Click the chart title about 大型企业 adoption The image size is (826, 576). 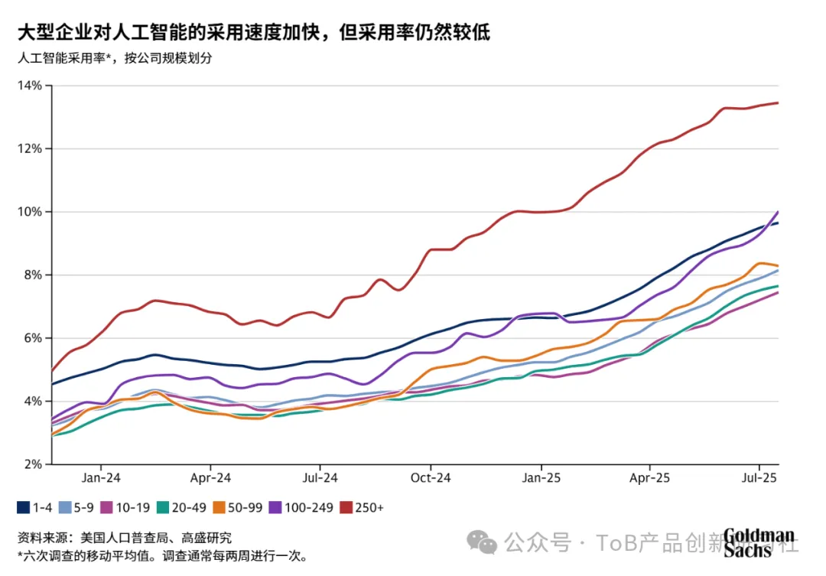253,32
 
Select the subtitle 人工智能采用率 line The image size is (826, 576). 114,58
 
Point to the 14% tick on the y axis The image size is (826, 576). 31,85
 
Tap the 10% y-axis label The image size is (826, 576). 31,211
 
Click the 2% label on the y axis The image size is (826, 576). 34,464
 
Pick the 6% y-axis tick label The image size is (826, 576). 34,337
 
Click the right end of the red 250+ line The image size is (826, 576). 778,103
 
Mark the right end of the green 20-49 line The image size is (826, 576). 778,286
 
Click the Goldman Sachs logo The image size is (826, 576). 759,542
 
